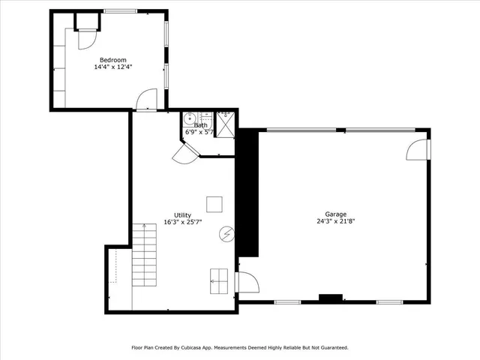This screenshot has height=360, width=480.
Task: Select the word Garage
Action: (335, 214)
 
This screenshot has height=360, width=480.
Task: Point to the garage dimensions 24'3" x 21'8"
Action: (335, 221)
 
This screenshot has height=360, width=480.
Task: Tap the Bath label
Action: (201, 125)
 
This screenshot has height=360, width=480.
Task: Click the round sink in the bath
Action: (190, 118)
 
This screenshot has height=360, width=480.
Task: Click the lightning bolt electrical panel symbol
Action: (226, 235)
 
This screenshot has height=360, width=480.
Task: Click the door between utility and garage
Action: (247, 283)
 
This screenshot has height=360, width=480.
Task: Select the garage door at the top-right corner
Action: (417, 148)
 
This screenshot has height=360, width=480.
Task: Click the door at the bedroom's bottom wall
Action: (148, 99)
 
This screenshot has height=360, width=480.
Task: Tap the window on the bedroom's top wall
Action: (120, 11)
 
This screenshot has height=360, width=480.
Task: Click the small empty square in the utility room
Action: (214, 204)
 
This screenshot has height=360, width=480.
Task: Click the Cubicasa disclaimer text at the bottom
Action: (240, 347)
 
